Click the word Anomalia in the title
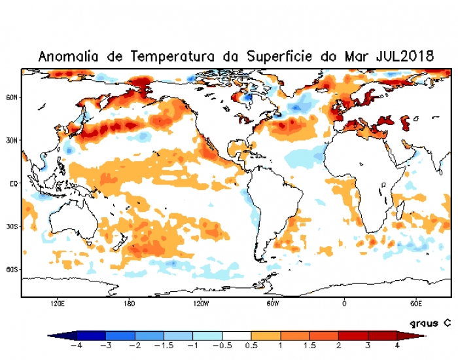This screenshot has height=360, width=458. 68,56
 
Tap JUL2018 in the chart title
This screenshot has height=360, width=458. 405,56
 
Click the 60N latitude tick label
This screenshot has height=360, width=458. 12,97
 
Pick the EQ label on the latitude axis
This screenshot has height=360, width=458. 12,184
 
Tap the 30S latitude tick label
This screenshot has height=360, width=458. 12,226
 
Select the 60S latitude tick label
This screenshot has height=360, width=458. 12,269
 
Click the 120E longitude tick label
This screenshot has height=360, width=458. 57,304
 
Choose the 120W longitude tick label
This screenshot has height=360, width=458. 201,304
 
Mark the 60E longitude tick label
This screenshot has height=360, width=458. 416,304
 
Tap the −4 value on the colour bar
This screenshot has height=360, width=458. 76,346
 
